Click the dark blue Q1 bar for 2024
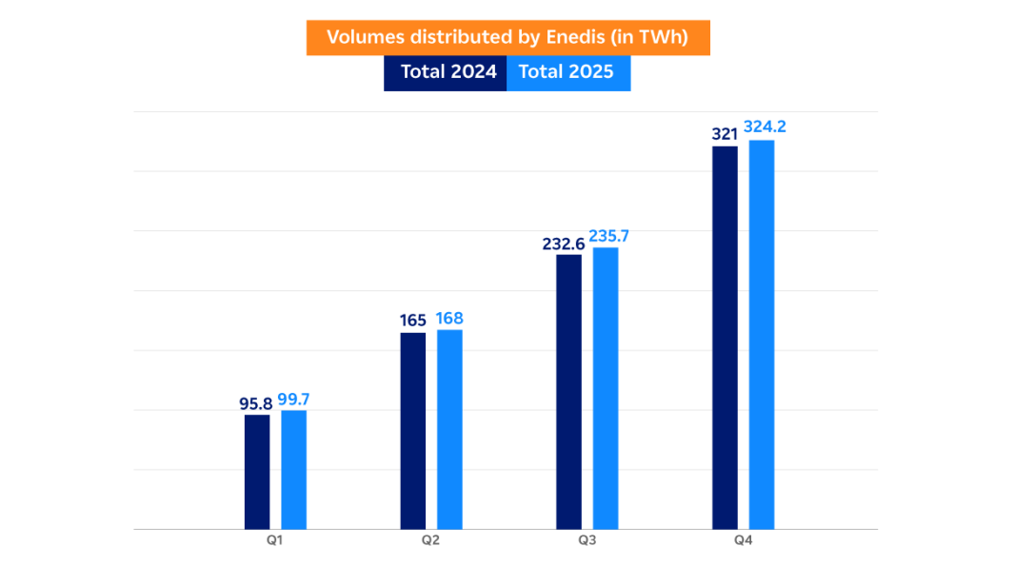[x=257, y=471]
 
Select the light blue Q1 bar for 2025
[x=293, y=469]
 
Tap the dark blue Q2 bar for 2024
[x=412, y=430]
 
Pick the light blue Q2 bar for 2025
[x=449, y=429]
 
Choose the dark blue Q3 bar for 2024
[x=568, y=391]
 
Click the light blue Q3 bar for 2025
[x=606, y=388]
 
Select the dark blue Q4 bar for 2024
[x=725, y=337]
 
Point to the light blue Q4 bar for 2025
[x=762, y=334]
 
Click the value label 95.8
[x=255, y=403]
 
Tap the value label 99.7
[x=293, y=400]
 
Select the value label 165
[x=412, y=321]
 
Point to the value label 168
[x=449, y=318]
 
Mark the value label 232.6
[x=564, y=244]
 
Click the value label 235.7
[x=609, y=236]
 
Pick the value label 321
[x=725, y=134]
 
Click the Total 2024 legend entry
[x=446, y=72]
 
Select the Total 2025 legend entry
[x=568, y=72]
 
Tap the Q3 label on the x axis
[x=587, y=541]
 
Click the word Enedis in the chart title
[x=574, y=37]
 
